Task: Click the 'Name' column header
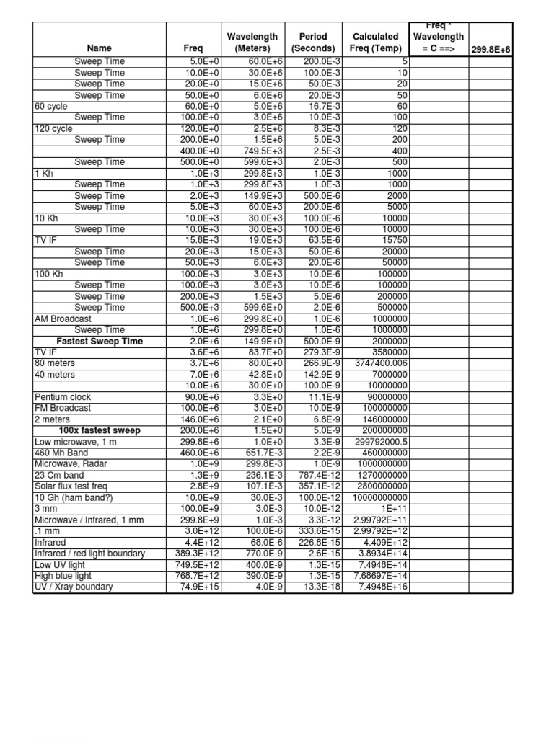click(100, 49)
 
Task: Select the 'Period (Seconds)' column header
click(309, 43)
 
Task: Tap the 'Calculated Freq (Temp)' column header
click(375, 43)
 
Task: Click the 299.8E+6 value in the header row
click(491, 49)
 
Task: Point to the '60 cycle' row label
click(49, 106)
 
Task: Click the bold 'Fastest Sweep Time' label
click(100, 341)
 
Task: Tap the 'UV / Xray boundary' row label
click(74, 587)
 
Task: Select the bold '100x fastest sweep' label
click(100, 430)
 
